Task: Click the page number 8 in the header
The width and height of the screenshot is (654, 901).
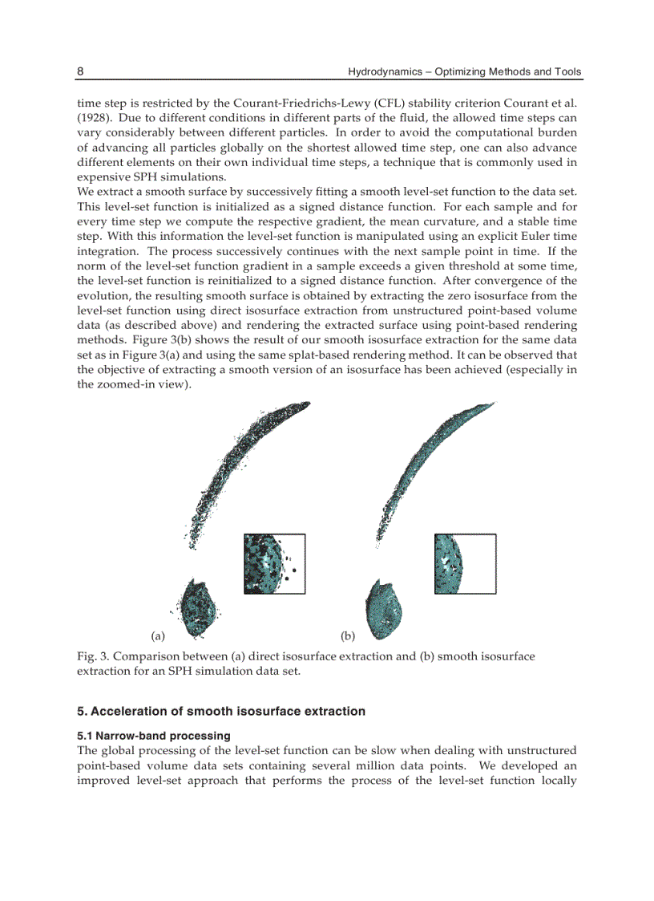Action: pos(80,71)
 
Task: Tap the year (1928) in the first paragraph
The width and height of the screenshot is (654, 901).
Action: pos(94,118)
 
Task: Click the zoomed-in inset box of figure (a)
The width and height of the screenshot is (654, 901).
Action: pos(274,564)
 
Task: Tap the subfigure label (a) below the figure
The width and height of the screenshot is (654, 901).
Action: pos(157,636)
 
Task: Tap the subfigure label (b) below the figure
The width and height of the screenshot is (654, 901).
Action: pos(348,636)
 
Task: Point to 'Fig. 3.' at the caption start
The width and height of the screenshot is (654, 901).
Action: pos(92,656)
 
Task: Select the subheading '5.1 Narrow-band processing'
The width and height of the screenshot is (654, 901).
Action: pos(153,735)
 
